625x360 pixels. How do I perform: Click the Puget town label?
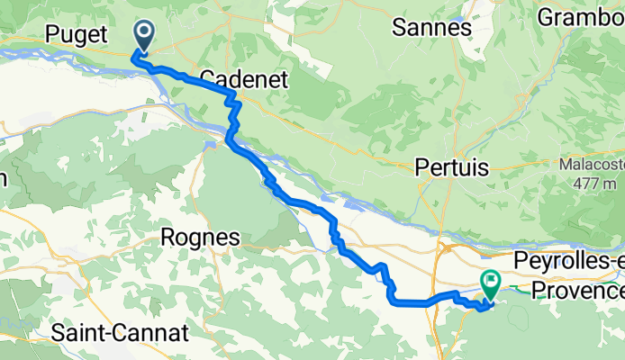click(x=77, y=34)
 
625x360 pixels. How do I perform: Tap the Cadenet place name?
click(x=243, y=79)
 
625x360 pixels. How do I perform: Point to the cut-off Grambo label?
click(x=580, y=17)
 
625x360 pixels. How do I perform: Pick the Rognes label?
click(x=200, y=238)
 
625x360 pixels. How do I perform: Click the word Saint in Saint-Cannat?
click(x=83, y=333)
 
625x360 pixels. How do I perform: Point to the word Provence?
click(x=576, y=290)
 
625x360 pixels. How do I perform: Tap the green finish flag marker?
click(x=492, y=285)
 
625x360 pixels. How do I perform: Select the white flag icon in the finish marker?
click(x=492, y=282)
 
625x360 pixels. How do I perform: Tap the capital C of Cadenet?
click(x=207, y=79)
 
